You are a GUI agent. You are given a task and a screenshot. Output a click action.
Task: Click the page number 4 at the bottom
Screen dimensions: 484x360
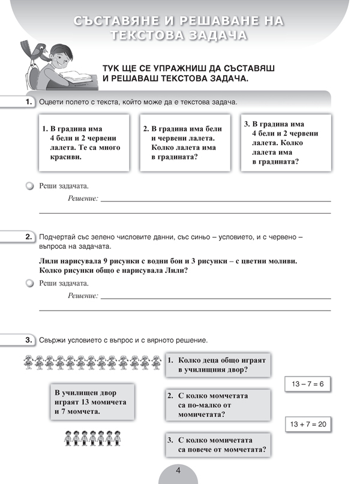[178, 471]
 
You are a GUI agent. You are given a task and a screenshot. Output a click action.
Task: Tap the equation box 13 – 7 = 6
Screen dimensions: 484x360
[306, 383]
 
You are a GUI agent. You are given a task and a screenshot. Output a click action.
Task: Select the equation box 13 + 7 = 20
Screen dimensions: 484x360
[306, 423]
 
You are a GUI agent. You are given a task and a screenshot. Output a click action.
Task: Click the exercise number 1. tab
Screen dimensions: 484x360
[28, 103]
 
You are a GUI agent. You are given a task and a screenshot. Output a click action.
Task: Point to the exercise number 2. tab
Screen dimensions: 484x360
[28, 237]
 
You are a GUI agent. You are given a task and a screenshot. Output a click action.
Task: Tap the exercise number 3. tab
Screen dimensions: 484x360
[28, 340]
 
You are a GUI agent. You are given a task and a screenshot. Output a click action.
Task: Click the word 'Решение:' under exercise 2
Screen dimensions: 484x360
[83, 295]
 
